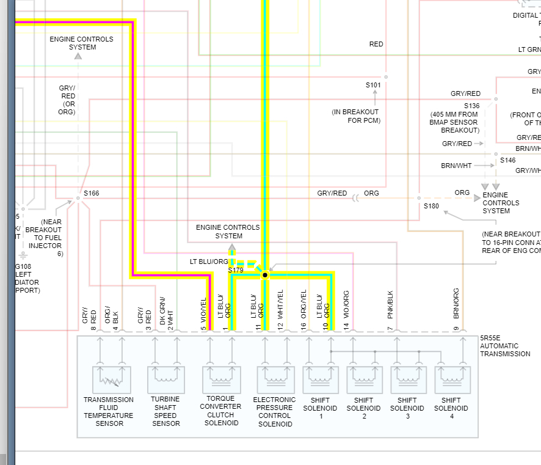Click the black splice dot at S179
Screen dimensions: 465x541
pyautogui.click(x=265, y=276)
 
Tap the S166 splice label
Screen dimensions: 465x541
pyautogui.click(x=92, y=193)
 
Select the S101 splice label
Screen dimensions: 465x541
pyautogui.click(x=373, y=85)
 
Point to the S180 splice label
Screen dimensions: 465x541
pyautogui.click(x=432, y=206)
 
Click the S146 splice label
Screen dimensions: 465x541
pyautogui.click(x=508, y=160)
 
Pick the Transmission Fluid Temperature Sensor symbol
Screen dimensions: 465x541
pyautogui.click(x=111, y=379)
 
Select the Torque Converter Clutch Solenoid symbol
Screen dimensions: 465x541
pyautogui.click(x=221, y=379)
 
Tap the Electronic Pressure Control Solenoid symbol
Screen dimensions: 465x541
pyautogui.click(x=276, y=379)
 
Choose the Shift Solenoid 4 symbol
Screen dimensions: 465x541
pyautogui.click(x=452, y=379)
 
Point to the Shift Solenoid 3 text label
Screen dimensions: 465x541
pyautogui.click(x=407, y=408)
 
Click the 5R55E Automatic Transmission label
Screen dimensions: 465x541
pyautogui.click(x=504, y=346)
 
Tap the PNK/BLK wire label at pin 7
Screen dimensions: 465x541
pyautogui.click(x=390, y=304)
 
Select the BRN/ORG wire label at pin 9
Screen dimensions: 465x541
pyautogui.click(x=456, y=304)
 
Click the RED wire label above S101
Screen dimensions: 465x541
pyautogui.click(x=376, y=44)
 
